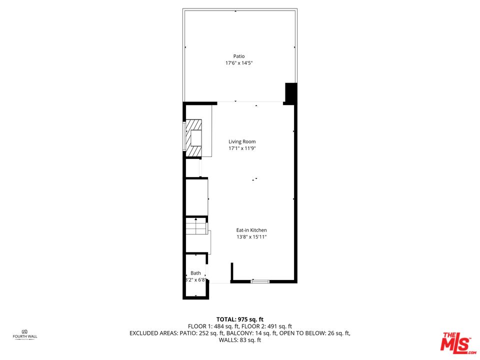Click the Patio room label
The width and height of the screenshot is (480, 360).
click(x=239, y=56)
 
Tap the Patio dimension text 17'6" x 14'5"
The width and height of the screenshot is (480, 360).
click(x=239, y=63)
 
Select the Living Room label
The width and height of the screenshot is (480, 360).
click(x=242, y=141)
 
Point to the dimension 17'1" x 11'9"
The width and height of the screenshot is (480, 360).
click(x=242, y=148)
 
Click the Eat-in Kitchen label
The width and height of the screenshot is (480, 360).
click(x=251, y=230)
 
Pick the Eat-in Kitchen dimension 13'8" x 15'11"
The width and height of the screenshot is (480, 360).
click(x=251, y=237)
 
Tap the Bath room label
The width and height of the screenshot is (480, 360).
click(x=196, y=273)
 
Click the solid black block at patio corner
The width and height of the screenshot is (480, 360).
click(x=291, y=93)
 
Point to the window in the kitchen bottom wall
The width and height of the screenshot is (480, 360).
click(x=260, y=281)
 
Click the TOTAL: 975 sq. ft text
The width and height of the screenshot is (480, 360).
click(x=240, y=320)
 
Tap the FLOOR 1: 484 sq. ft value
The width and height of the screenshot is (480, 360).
click(x=213, y=326)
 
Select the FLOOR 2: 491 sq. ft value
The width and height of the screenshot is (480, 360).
click(x=266, y=326)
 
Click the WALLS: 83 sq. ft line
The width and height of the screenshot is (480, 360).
click(x=240, y=340)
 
